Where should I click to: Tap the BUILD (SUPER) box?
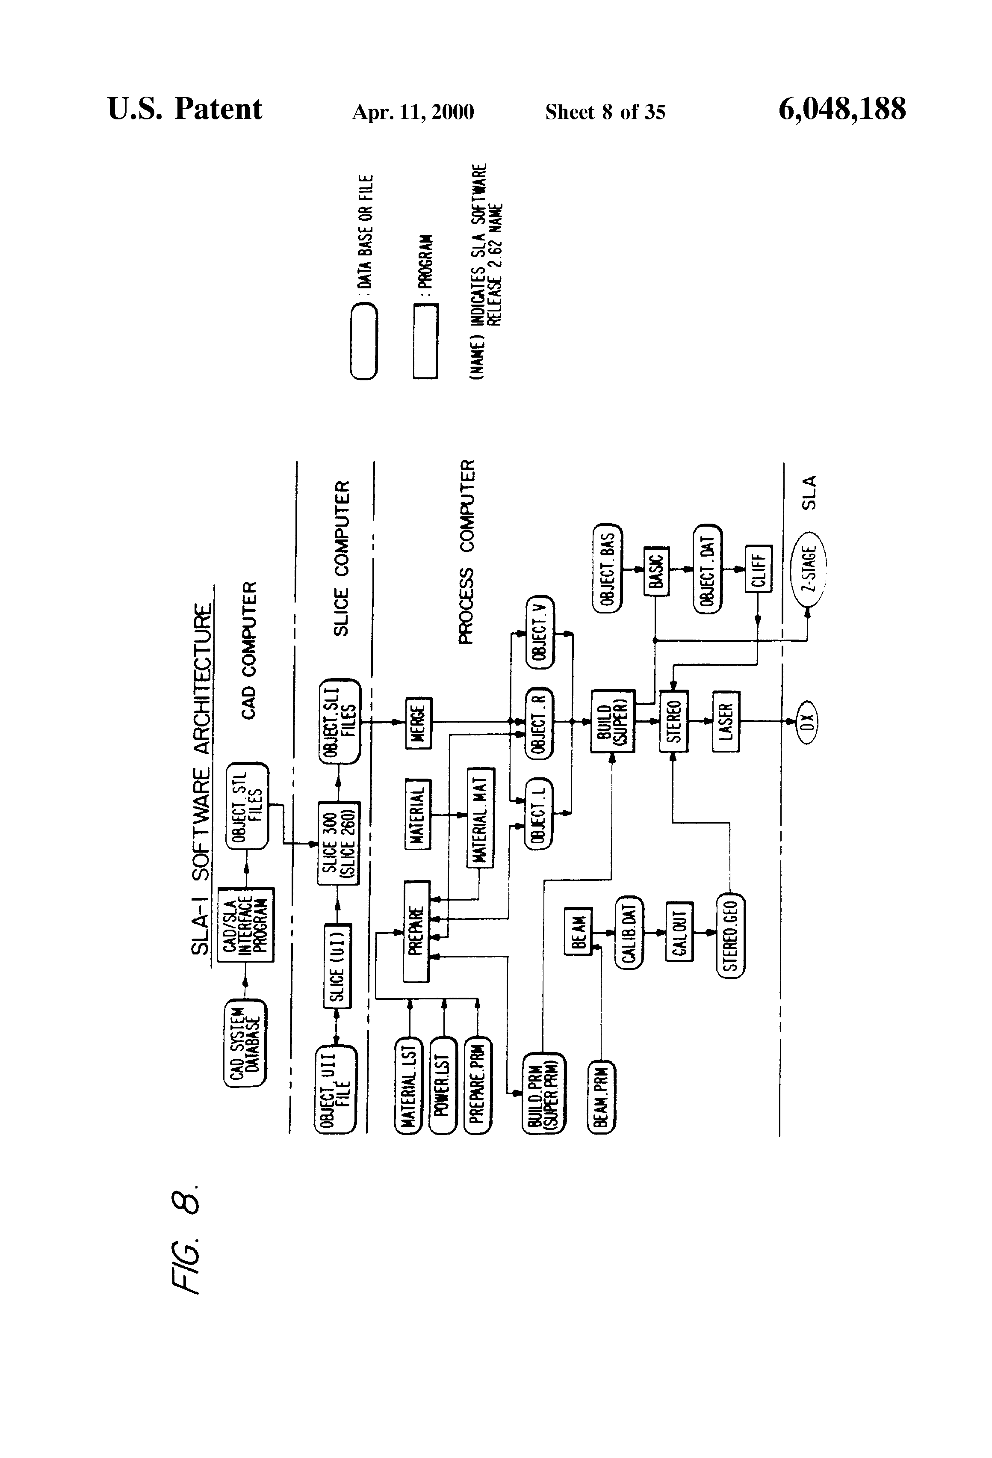tap(612, 721)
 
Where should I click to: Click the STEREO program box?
tap(673, 721)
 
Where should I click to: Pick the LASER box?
tap(726, 721)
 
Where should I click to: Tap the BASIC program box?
tap(656, 570)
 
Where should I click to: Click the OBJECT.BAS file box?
tap(606, 566)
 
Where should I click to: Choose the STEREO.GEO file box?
tap(730, 935)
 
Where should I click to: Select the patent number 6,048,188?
tap(841, 109)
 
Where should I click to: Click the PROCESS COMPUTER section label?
tap(468, 551)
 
